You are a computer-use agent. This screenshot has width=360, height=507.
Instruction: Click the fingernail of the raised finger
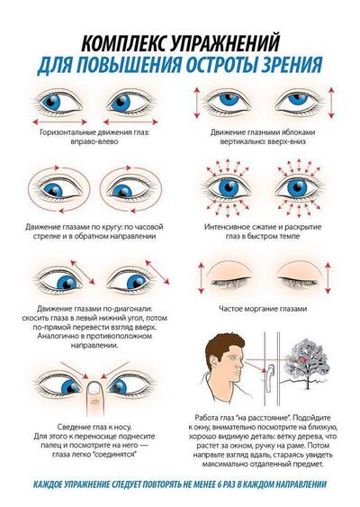coord(94,387)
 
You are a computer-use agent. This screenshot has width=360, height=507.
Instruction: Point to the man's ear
coord(214,363)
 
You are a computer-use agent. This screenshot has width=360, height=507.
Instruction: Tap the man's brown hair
coord(224,345)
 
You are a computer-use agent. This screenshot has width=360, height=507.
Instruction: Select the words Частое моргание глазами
coord(263,309)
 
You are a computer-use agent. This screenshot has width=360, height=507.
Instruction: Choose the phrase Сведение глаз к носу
coord(94,427)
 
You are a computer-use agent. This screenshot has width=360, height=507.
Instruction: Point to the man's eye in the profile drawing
coord(233,358)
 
